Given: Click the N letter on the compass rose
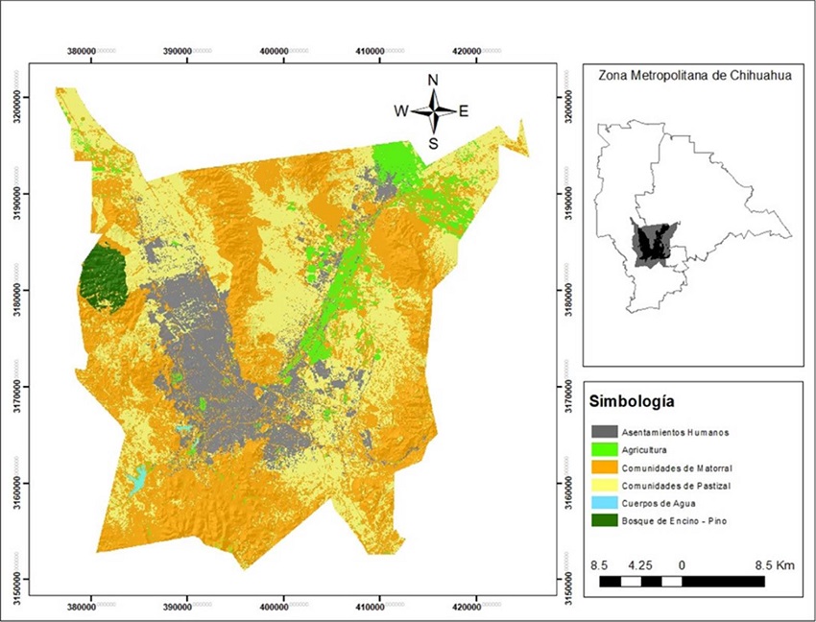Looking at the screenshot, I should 433,80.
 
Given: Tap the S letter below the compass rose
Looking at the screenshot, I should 433,144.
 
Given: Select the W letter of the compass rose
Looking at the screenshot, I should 400,111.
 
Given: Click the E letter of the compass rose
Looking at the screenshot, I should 464,111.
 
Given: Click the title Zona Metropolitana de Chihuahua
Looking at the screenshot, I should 687,75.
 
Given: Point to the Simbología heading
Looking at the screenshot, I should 634,400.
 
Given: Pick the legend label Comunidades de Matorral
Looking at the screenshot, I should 676,467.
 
